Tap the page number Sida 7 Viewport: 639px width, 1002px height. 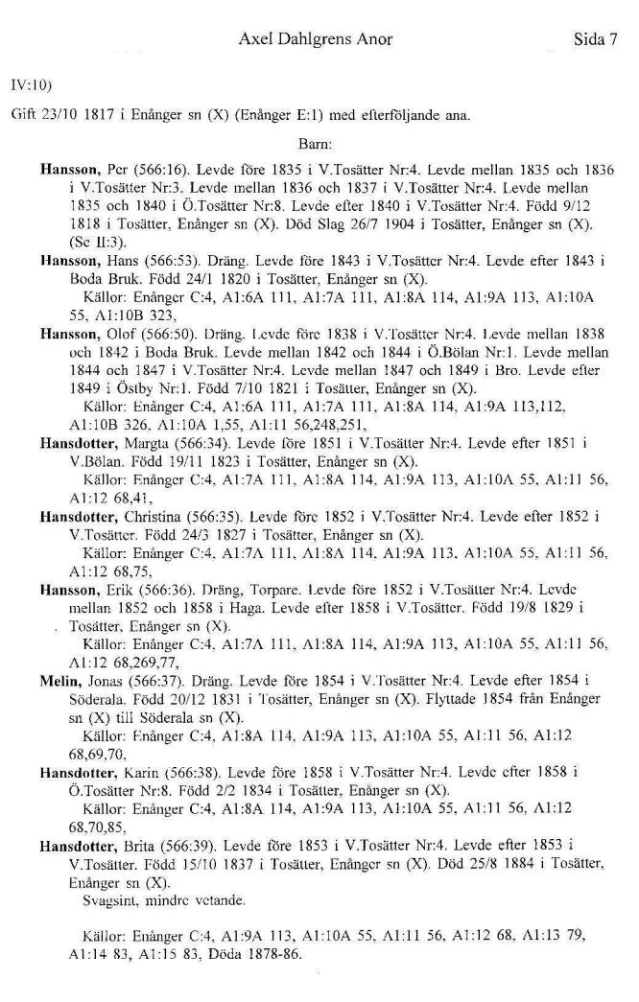point(592,39)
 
